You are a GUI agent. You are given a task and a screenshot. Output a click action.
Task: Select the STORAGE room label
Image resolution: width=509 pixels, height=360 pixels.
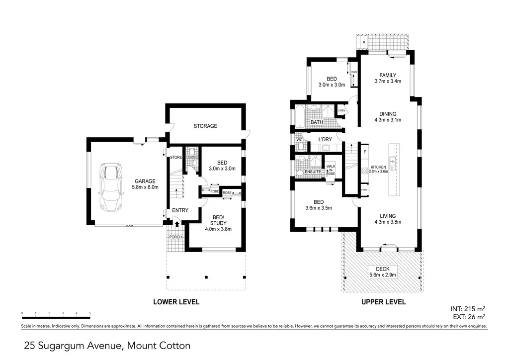point(205,126)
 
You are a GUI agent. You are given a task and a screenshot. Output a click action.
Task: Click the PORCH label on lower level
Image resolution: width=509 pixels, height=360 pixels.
point(176,237)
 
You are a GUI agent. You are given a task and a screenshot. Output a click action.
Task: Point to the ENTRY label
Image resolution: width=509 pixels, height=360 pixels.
point(180,210)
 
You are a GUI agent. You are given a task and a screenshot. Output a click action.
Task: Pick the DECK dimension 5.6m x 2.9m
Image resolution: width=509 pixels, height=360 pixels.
point(382,275)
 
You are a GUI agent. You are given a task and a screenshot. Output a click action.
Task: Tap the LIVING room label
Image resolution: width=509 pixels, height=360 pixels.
point(388,216)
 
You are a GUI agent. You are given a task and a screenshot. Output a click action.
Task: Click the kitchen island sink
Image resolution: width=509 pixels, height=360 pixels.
point(393,161)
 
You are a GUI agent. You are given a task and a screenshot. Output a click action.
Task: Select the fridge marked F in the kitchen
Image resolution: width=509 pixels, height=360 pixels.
point(364,151)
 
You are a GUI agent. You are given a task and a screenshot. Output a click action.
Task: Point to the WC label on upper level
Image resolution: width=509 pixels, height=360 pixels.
point(299,140)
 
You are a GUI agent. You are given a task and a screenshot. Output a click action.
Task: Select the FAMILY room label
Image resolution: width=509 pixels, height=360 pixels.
point(388,76)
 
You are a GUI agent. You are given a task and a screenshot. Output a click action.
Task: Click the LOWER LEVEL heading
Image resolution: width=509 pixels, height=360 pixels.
point(176,302)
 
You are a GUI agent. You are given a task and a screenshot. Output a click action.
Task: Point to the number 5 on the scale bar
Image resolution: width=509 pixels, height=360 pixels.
point(90,313)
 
